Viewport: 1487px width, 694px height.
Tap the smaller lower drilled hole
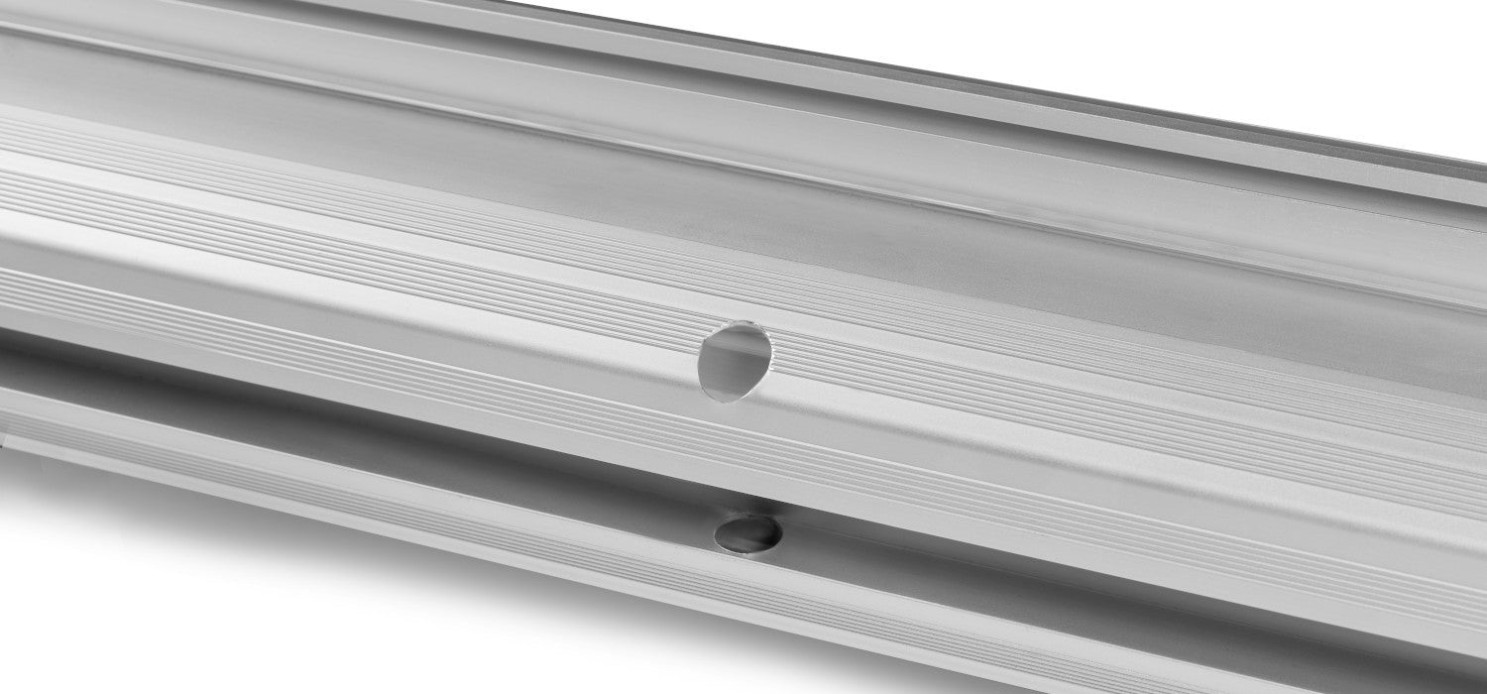(x=748, y=533)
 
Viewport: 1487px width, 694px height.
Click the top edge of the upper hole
(x=738, y=323)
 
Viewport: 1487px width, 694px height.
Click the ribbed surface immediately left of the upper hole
(x=595, y=327)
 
